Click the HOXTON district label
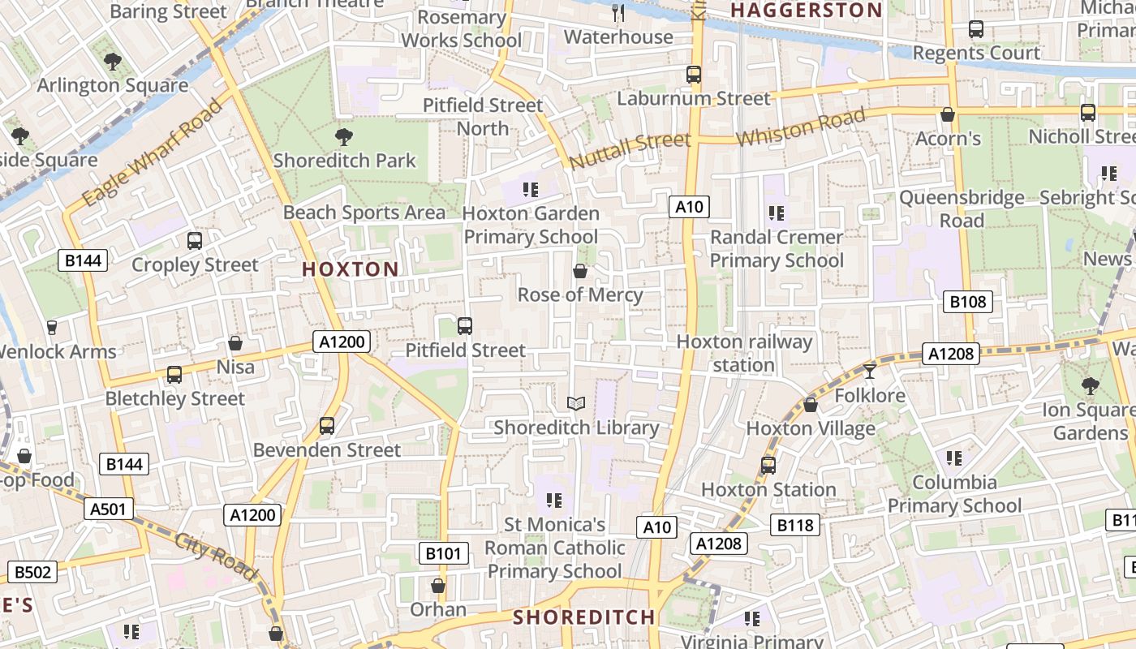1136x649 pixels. click(x=351, y=269)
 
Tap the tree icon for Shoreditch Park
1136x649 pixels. click(x=344, y=136)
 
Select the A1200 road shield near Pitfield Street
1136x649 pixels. click(x=342, y=342)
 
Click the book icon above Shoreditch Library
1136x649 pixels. click(x=575, y=403)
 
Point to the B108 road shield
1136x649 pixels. click(x=968, y=303)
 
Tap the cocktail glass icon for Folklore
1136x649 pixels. click(x=870, y=372)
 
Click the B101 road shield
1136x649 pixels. click(x=443, y=554)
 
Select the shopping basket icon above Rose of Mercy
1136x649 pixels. click(x=580, y=271)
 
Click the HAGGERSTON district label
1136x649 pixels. click(x=806, y=11)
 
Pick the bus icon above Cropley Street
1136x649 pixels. click(x=195, y=241)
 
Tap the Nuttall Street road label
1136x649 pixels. click(x=630, y=151)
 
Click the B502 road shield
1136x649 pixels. click(x=32, y=572)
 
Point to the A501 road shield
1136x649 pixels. click(x=108, y=509)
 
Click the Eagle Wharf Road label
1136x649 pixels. click(x=152, y=153)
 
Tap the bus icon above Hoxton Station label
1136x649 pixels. click(x=768, y=466)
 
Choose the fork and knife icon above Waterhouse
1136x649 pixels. click(x=618, y=12)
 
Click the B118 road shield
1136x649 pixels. click(x=794, y=526)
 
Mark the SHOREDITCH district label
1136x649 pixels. click(x=583, y=617)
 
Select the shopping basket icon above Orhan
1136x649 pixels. click(x=438, y=586)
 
